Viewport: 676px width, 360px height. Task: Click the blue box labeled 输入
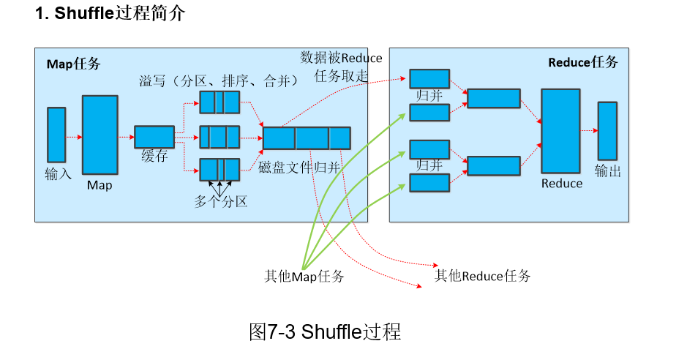point(56,135)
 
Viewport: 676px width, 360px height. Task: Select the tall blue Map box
point(100,135)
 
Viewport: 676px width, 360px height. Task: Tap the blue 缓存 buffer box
point(154,137)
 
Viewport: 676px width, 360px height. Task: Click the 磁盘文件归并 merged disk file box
point(307,138)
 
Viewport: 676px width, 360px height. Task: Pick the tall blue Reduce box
point(560,131)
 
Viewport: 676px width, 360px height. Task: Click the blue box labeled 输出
point(607,131)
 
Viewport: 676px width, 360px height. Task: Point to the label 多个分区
point(221,201)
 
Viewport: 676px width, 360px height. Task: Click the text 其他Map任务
point(304,277)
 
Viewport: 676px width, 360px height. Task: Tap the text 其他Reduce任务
point(482,276)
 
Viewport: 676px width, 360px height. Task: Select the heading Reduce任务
point(583,62)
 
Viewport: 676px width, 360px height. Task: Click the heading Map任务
point(74,64)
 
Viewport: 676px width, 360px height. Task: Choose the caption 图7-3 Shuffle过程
point(325,332)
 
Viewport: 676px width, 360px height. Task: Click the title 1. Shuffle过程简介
point(110,13)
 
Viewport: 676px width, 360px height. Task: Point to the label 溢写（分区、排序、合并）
point(219,80)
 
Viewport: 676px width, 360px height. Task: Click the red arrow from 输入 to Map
point(74,137)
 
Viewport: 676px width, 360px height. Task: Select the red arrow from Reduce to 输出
point(589,130)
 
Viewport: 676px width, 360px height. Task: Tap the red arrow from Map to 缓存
point(126,137)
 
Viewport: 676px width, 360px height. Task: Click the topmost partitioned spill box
point(219,102)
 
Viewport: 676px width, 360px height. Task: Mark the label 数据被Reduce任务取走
point(341,67)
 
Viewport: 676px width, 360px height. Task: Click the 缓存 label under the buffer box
point(154,156)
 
